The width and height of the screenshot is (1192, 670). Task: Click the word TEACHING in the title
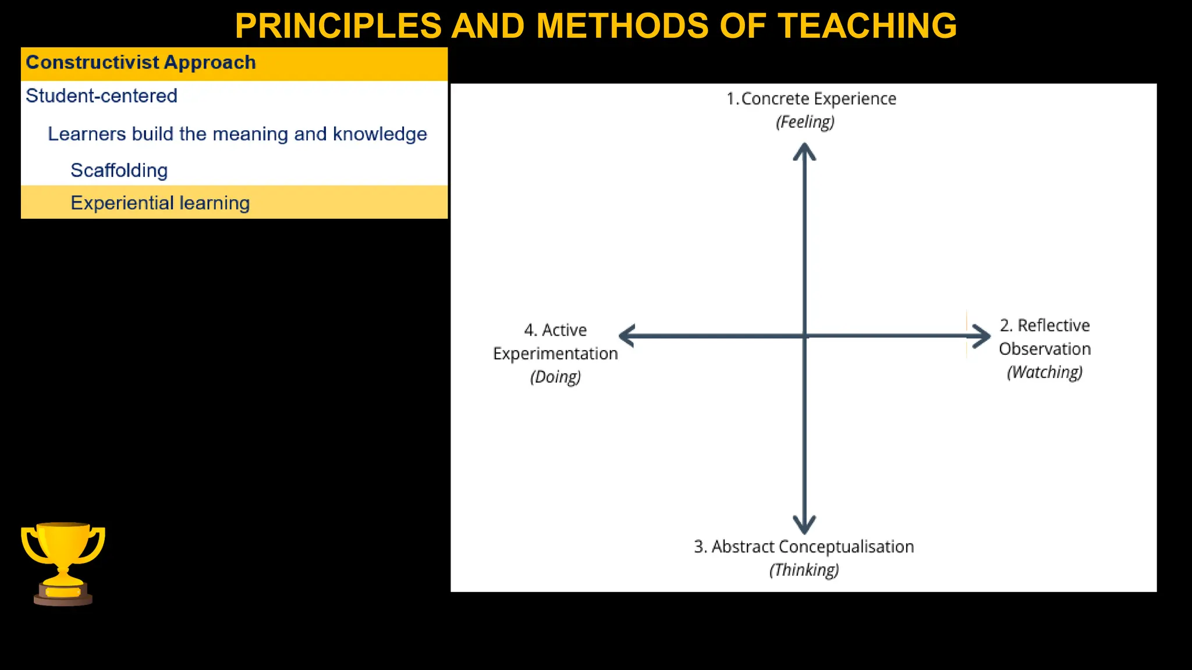867,26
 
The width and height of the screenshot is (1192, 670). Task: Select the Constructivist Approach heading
141,63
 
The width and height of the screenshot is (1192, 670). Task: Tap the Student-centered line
101,96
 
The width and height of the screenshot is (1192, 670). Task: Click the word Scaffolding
119,170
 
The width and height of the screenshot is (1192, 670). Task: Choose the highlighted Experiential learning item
160,203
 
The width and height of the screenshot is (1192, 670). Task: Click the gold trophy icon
63,563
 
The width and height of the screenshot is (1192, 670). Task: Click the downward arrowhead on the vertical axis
804,525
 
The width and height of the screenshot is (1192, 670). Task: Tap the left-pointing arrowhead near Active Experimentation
626,336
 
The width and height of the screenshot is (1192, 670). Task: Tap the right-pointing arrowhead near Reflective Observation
982,336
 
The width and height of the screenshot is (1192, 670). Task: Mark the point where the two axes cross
804,336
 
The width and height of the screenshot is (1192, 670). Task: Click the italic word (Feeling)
805,122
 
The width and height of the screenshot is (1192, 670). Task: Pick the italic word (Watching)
1045,372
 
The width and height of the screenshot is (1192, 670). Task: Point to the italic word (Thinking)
804,570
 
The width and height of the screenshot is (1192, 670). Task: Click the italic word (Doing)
555,377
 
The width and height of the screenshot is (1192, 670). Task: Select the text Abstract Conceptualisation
813,547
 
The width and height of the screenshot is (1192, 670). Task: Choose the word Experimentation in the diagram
555,354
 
